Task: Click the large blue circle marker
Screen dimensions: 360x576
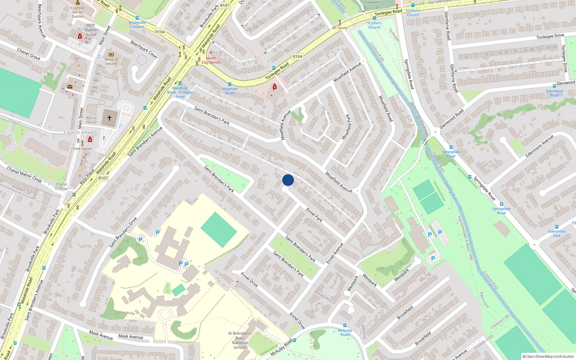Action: click(x=288, y=180)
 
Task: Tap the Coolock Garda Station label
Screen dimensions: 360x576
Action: click(x=77, y=12)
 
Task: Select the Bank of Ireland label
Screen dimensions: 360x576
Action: click(x=111, y=62)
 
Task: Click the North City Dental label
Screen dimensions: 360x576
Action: click(x=211, y=60)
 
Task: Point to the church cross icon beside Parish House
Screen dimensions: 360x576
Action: click(x=109, y=118)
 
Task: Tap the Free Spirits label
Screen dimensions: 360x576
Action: click(x=82, y=148)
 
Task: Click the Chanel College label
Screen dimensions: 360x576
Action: click(x=61, y=186)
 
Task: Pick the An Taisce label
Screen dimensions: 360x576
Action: click(x=339, y=28)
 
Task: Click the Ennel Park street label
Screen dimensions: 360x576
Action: click(x=314, y=215)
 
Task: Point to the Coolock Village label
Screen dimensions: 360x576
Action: click(x=79, y=132)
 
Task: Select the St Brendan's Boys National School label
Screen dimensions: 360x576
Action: click(x=240, y=340)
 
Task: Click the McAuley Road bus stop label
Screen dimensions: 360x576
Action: click(x=345, y=332)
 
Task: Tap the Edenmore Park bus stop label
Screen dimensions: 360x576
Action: click(x=557, y=233)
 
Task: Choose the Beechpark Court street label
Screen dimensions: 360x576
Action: click(x=144, y=50)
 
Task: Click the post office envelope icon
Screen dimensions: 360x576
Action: click(x=70, y=87)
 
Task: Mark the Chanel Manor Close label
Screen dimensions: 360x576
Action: click(x=24, y=174)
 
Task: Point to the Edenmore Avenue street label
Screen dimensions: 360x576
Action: click(x=539, y=146)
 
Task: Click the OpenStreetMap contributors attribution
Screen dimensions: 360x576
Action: click(x=548, y=356)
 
